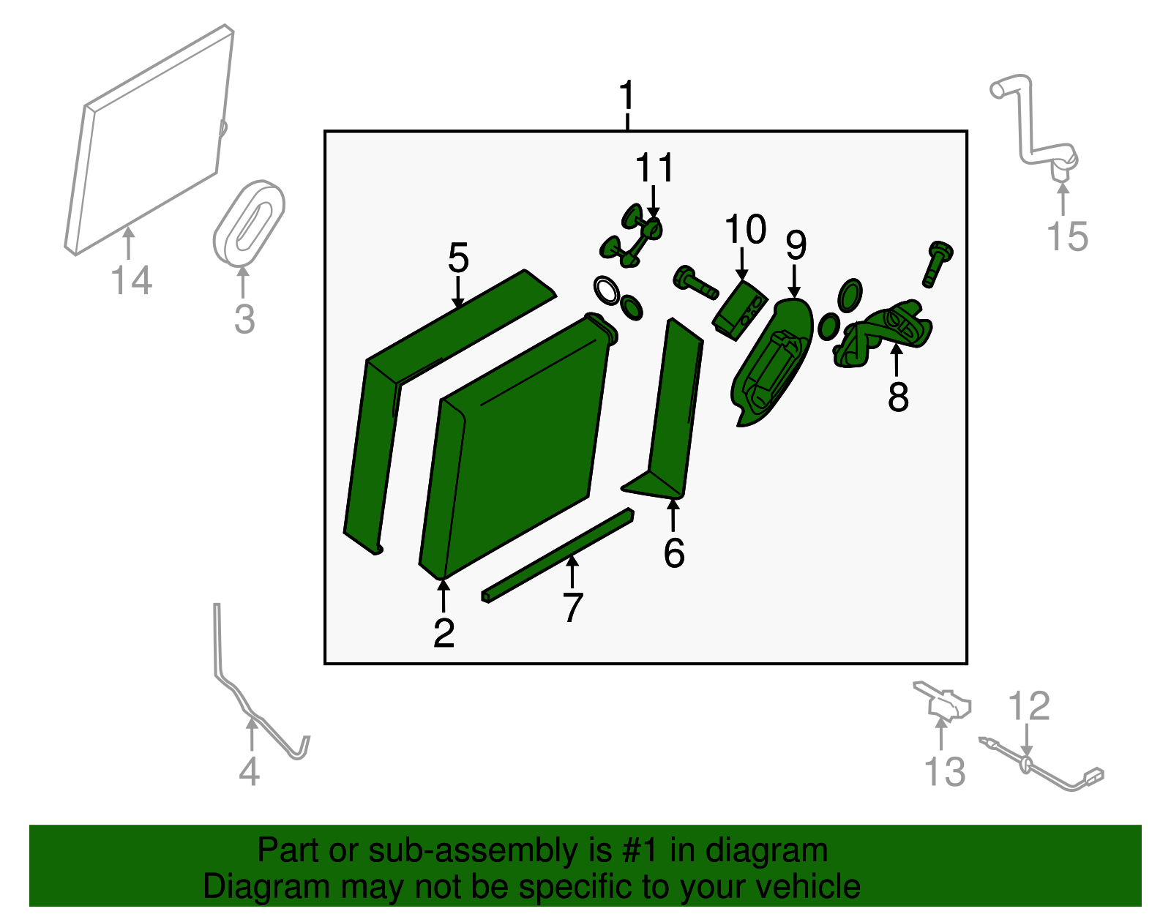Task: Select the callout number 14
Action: pos(132,280)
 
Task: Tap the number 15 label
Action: pos(1068,236)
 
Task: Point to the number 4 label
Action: pos(250,771)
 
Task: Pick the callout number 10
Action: pos(745,230)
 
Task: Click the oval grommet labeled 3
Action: pos(248,223)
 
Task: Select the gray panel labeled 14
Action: pos(149,140)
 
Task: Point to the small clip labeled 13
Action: pos(941,701)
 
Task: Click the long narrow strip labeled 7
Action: pos(558,555)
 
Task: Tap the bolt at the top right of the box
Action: pos(937,263)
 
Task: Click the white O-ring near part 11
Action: pos(607,291)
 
